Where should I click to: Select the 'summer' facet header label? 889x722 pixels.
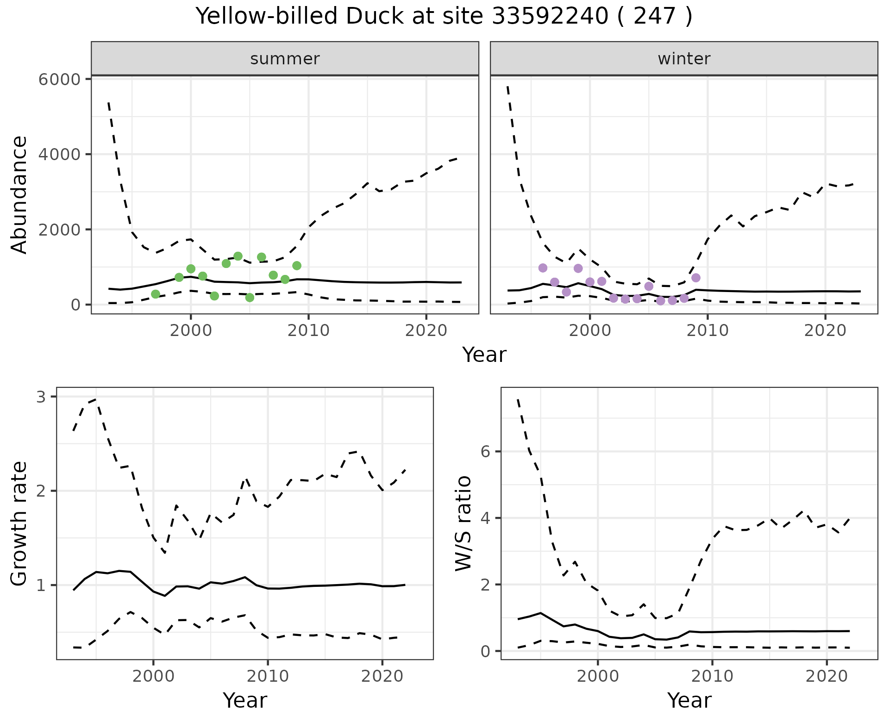[x=285, y=59]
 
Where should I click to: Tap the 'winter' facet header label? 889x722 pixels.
[x=684, y=59]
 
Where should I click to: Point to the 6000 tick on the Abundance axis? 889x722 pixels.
[x=60, y=79]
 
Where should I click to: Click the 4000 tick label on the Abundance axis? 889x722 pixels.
[x=60, y=154]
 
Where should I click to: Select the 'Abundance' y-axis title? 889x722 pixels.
[x=19, y=195]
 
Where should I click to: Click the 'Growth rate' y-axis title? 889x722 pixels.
[x=19, y=523]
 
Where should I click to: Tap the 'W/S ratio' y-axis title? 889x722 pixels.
[x=463, y=523]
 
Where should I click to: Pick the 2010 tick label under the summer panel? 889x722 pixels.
[x=308, y=330]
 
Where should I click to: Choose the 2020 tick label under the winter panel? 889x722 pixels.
[x=825, y=330]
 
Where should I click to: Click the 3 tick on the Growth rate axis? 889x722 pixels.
[x=44, y=397]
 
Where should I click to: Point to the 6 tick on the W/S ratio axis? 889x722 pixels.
[x=486, y=451]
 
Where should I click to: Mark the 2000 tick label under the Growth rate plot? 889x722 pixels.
[x=153, y=676]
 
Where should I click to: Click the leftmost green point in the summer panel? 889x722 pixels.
[x=156, y=294]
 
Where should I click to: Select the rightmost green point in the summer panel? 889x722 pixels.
[x=297, y=266]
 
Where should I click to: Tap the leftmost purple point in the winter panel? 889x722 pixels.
[x=543, y=268]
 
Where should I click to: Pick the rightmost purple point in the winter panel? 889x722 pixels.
[x=696, y=278]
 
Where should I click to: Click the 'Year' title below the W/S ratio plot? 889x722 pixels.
[x=689, y=700]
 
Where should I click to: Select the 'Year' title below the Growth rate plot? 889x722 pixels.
[x=245, y=700]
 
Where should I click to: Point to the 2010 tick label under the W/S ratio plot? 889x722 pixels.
[x=712, y=676]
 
